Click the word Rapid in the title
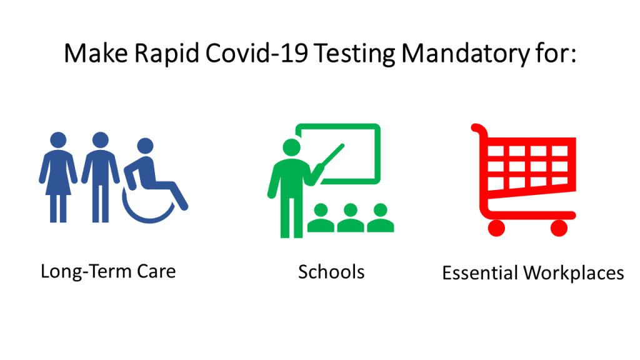[x=166, y=54]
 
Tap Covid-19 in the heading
[x=257, y=53]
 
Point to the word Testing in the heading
[x=355, y=54]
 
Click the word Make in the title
[x=96, y=53]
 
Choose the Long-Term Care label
[x=108, y=271]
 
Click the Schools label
[x=331, y=272]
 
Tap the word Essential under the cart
[x=480, y=272]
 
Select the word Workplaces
[x=574, y=273]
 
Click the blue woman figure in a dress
[x=58, y=177]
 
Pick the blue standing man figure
[x=101, y=177]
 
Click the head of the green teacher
[x=291, y=147]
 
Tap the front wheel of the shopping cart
[x=559, y=227]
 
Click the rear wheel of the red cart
[x=496, y=227]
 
